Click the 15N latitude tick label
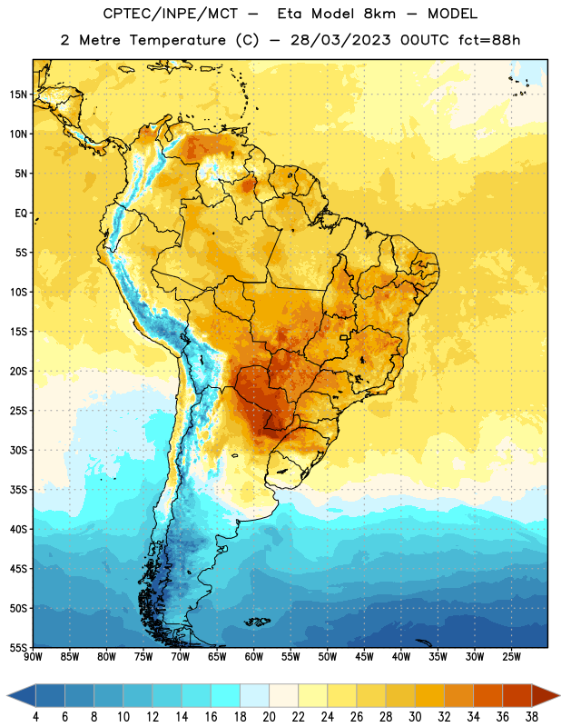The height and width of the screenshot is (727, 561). [18, 95]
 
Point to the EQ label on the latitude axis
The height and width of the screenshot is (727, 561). [21, 214]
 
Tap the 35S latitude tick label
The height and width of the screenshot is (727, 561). [18, 490]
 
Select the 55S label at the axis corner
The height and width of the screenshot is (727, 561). [18, 647]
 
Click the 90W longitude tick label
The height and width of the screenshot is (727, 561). [33, 657]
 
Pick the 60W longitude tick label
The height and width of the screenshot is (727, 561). [254, 657]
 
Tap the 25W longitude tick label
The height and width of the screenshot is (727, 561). [511, 657]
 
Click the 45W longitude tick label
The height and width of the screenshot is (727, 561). [364, 657]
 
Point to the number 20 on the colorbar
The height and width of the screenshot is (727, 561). [269, 717]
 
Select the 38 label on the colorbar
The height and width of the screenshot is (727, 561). [531, 717]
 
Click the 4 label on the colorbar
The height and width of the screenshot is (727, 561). [35, 717]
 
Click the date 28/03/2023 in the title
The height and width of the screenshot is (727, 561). [340, 40]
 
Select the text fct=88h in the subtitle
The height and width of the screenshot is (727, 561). [489, 40]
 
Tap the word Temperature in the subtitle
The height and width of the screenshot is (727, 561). [177, 40]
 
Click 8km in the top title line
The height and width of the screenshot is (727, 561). [379, 14]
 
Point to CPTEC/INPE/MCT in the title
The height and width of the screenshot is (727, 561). [171, 14]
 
